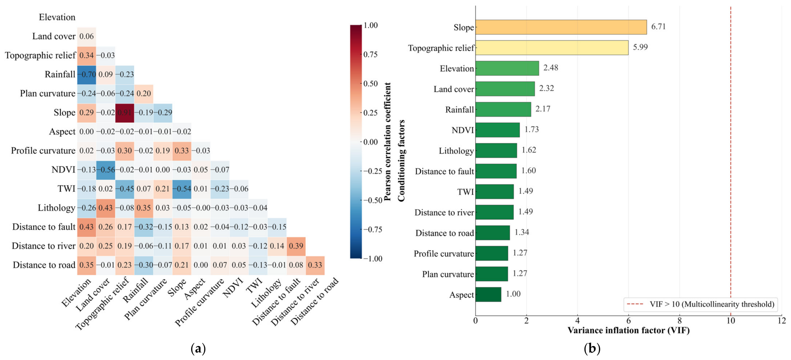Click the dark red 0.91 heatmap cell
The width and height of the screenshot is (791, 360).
124,113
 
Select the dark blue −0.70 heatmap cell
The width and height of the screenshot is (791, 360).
87,75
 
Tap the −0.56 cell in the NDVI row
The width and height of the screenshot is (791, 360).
106,170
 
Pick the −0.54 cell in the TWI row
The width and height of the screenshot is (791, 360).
182,189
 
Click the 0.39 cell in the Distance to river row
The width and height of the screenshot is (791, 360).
296,246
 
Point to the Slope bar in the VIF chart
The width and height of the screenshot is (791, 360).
561,27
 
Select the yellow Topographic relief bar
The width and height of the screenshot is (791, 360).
552,48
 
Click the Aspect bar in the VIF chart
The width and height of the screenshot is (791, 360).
488,294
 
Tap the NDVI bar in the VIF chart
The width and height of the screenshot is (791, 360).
497,130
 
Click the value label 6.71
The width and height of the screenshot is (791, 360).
658,27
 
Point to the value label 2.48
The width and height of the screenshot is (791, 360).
550,68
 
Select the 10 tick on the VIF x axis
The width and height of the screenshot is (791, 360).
731,321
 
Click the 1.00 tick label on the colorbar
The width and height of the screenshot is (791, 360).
371,25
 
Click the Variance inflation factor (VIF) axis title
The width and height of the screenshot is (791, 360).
628,330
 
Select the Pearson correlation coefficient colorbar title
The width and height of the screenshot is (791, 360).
387,142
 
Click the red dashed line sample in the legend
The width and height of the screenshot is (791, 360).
635,304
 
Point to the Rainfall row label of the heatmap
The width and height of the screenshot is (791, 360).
60,75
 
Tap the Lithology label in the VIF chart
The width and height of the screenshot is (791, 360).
456,151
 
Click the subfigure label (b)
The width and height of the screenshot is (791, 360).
592,349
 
